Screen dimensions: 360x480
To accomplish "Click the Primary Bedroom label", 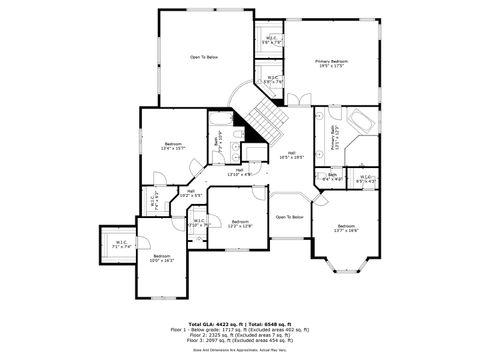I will (x=331, y=64).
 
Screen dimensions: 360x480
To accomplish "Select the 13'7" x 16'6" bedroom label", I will (x=346, y=228).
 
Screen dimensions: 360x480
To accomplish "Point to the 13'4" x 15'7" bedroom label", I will (x=172, y=147).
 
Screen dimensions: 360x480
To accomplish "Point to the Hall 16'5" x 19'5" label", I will (x=291, y=155).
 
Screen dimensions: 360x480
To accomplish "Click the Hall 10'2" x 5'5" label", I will (x=190, y=193).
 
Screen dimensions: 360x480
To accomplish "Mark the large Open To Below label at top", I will (x=204, y=57).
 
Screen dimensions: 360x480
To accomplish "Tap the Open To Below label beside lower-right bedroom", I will (x=290, y=216).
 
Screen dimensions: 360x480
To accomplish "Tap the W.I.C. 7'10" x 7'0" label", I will (x=198, y=224).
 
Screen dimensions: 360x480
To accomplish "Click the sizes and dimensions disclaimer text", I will (x=239, y=350).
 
